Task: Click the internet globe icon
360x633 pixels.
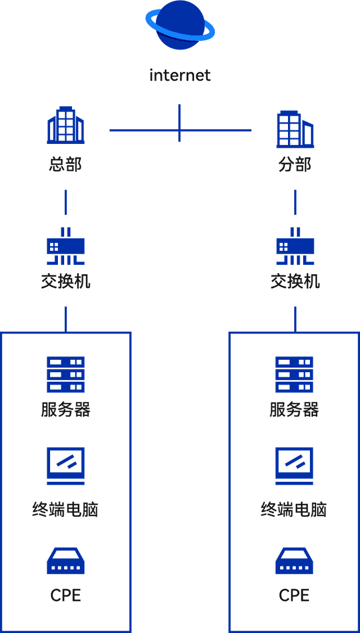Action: point(179,25)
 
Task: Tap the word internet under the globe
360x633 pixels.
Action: point(180,75)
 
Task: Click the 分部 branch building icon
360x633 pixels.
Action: point(295,128)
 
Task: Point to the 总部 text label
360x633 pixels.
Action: point(65,165)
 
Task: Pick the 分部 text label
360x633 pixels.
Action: point(295,165)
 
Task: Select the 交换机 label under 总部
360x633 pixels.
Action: point(65,281)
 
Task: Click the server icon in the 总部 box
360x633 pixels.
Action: point(65,374)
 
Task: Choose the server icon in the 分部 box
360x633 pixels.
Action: point(295,374)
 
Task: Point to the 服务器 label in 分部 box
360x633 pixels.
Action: point(295,410)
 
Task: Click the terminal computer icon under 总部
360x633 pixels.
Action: point(65,466)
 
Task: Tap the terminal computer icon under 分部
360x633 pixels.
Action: point(295,466)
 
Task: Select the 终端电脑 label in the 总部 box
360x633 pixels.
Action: point(65,510)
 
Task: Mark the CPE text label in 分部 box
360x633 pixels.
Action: point(295,595)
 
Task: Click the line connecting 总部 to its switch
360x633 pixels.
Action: point(66,202)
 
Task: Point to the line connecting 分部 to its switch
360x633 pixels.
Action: point(295,202)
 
